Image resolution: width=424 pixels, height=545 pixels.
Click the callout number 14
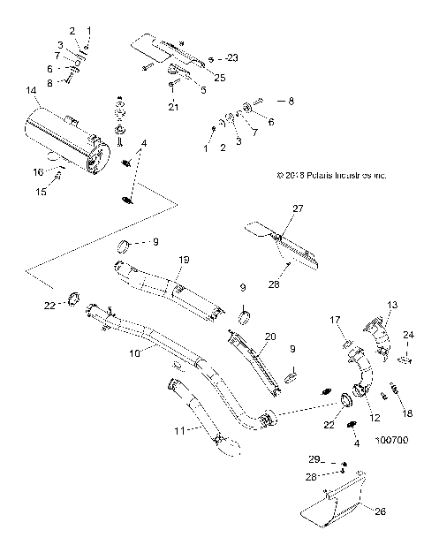[32, 90]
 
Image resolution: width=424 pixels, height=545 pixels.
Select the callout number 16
[38, 172]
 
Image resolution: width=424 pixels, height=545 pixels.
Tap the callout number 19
[185, 261]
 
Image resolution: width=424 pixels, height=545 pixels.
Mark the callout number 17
[337, 320]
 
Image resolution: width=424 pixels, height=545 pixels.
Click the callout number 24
[409, 335]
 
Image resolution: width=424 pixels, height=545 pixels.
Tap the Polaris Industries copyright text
[330, 175]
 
